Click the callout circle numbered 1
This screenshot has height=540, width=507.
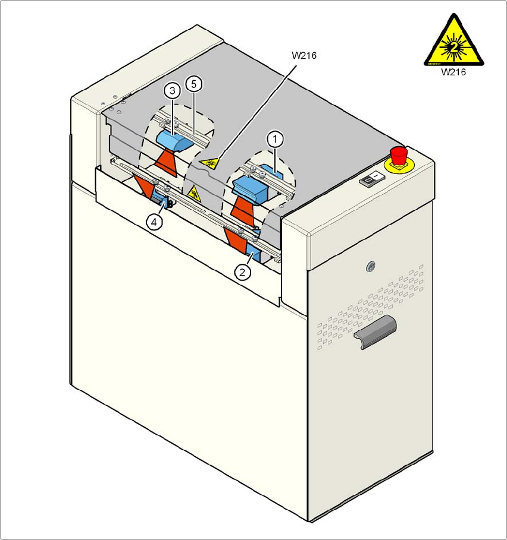tap(275, 140)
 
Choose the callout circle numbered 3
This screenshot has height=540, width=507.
tap(173, 91)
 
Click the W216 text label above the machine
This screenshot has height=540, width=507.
tap(303, 56)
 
